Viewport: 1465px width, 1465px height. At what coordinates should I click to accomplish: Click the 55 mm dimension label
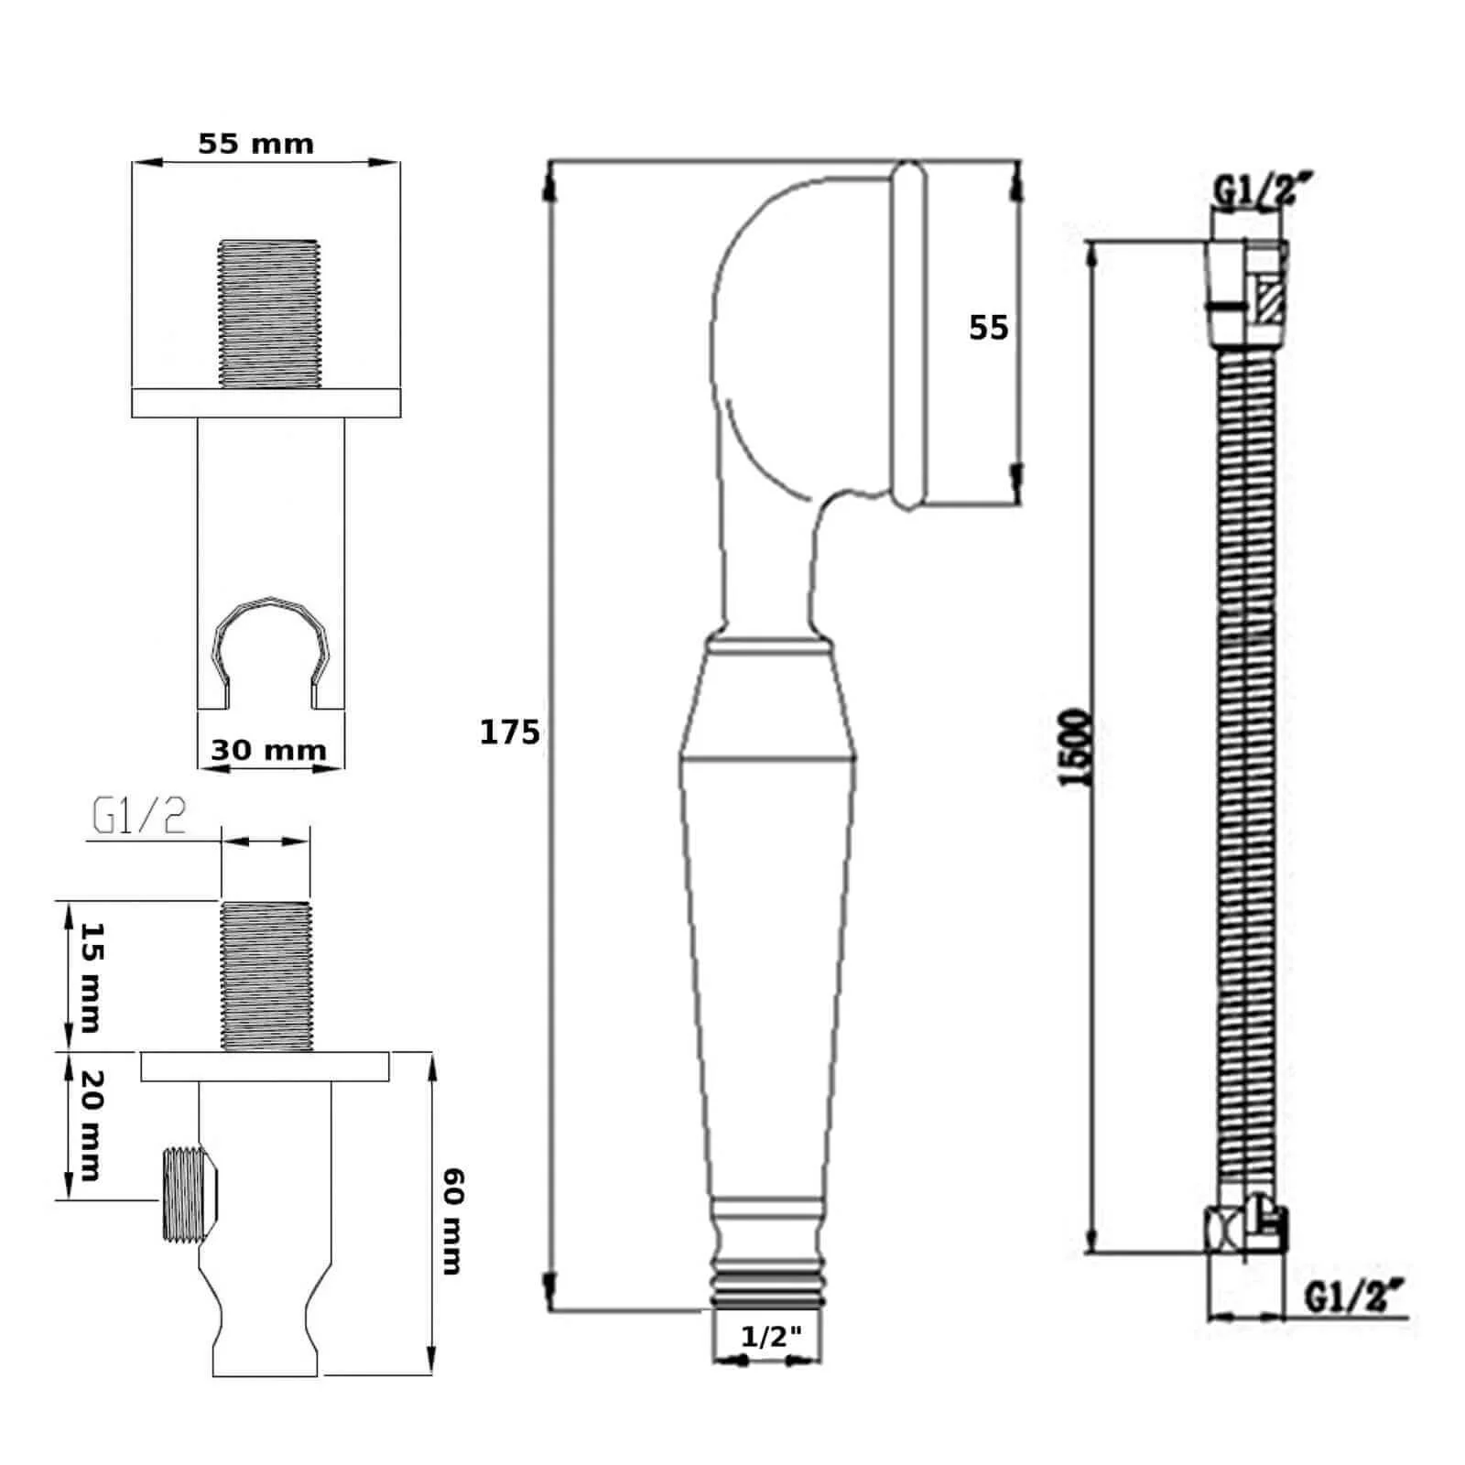pos(255,144)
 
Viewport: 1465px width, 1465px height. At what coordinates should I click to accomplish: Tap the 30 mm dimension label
pos(268,750)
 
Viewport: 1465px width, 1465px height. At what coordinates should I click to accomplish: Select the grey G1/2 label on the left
pos(138,817)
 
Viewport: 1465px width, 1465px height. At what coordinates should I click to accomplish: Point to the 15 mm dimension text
pos(92,977)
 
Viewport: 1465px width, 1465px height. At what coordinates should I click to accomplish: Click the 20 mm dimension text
pos(92,1124)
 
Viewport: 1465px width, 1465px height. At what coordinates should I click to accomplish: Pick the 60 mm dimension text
pos(451,1221)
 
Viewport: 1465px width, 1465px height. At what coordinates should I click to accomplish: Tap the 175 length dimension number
pos(510,732)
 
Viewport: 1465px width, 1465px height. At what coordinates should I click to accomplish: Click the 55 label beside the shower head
pos(989,327)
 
